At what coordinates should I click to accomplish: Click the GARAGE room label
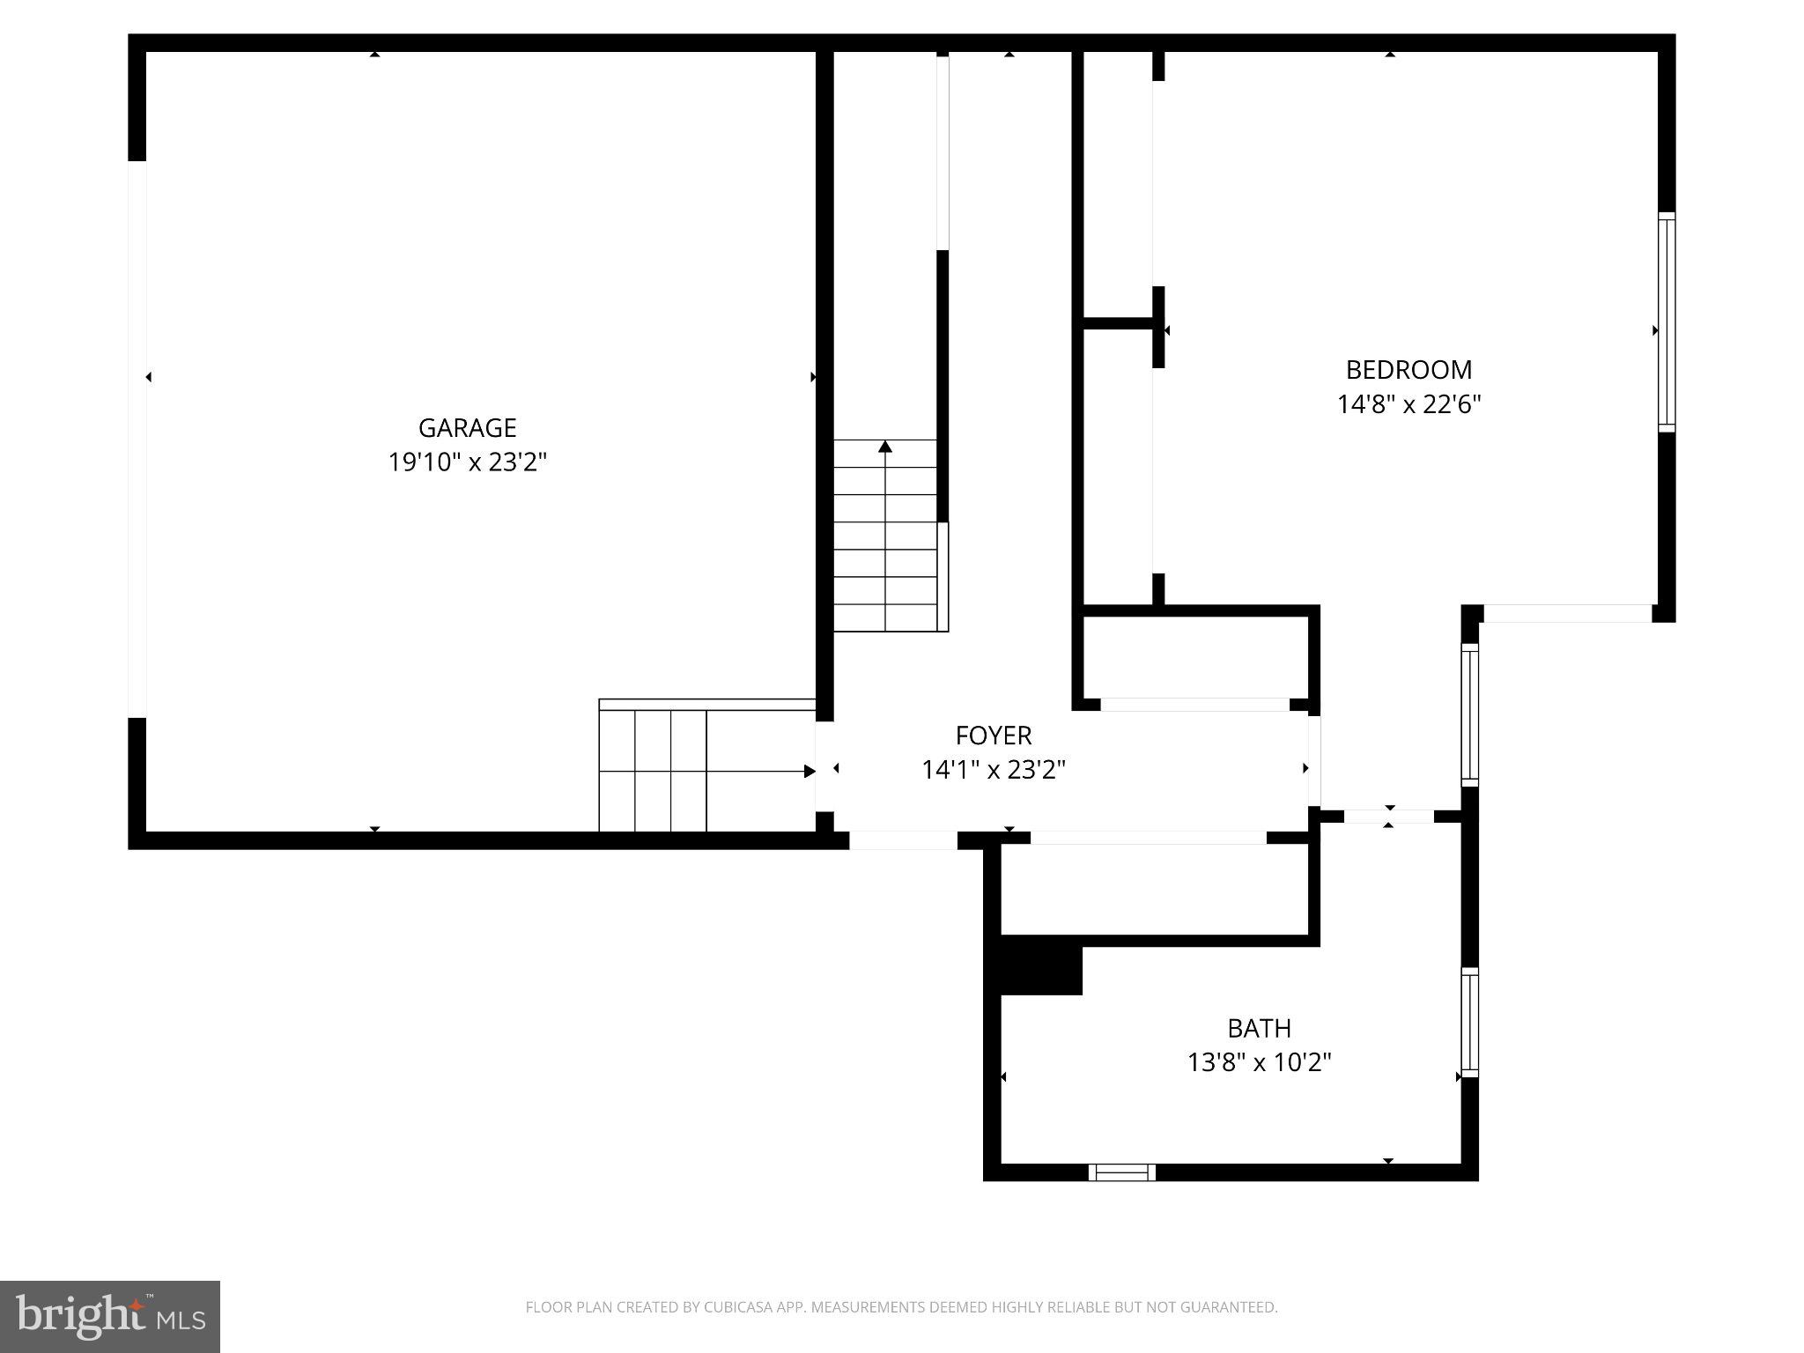pos(467,428)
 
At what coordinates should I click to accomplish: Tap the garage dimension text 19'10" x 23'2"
pos(467,462)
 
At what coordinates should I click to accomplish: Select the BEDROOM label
pos(1408,370)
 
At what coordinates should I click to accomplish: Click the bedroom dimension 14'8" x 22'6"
pos(1408,404)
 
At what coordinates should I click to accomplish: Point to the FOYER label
pos(993,736)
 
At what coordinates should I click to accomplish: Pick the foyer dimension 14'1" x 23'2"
pos(993,770)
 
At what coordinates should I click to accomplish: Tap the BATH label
pos(1259,1028)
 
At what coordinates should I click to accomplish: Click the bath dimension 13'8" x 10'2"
pos(1259,1062)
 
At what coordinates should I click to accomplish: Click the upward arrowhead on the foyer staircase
pos(885,447)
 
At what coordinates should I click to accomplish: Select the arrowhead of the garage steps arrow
pos(810,772)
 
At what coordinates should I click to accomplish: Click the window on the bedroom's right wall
pos(1666,322)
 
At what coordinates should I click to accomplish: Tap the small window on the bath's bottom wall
pos(1122,1172)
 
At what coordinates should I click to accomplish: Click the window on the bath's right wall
pos(1469,1022)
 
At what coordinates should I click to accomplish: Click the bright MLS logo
pos(110,1316)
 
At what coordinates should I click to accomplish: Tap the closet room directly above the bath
pos(1154,890)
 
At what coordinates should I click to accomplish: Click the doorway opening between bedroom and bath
pos(1388,817)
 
